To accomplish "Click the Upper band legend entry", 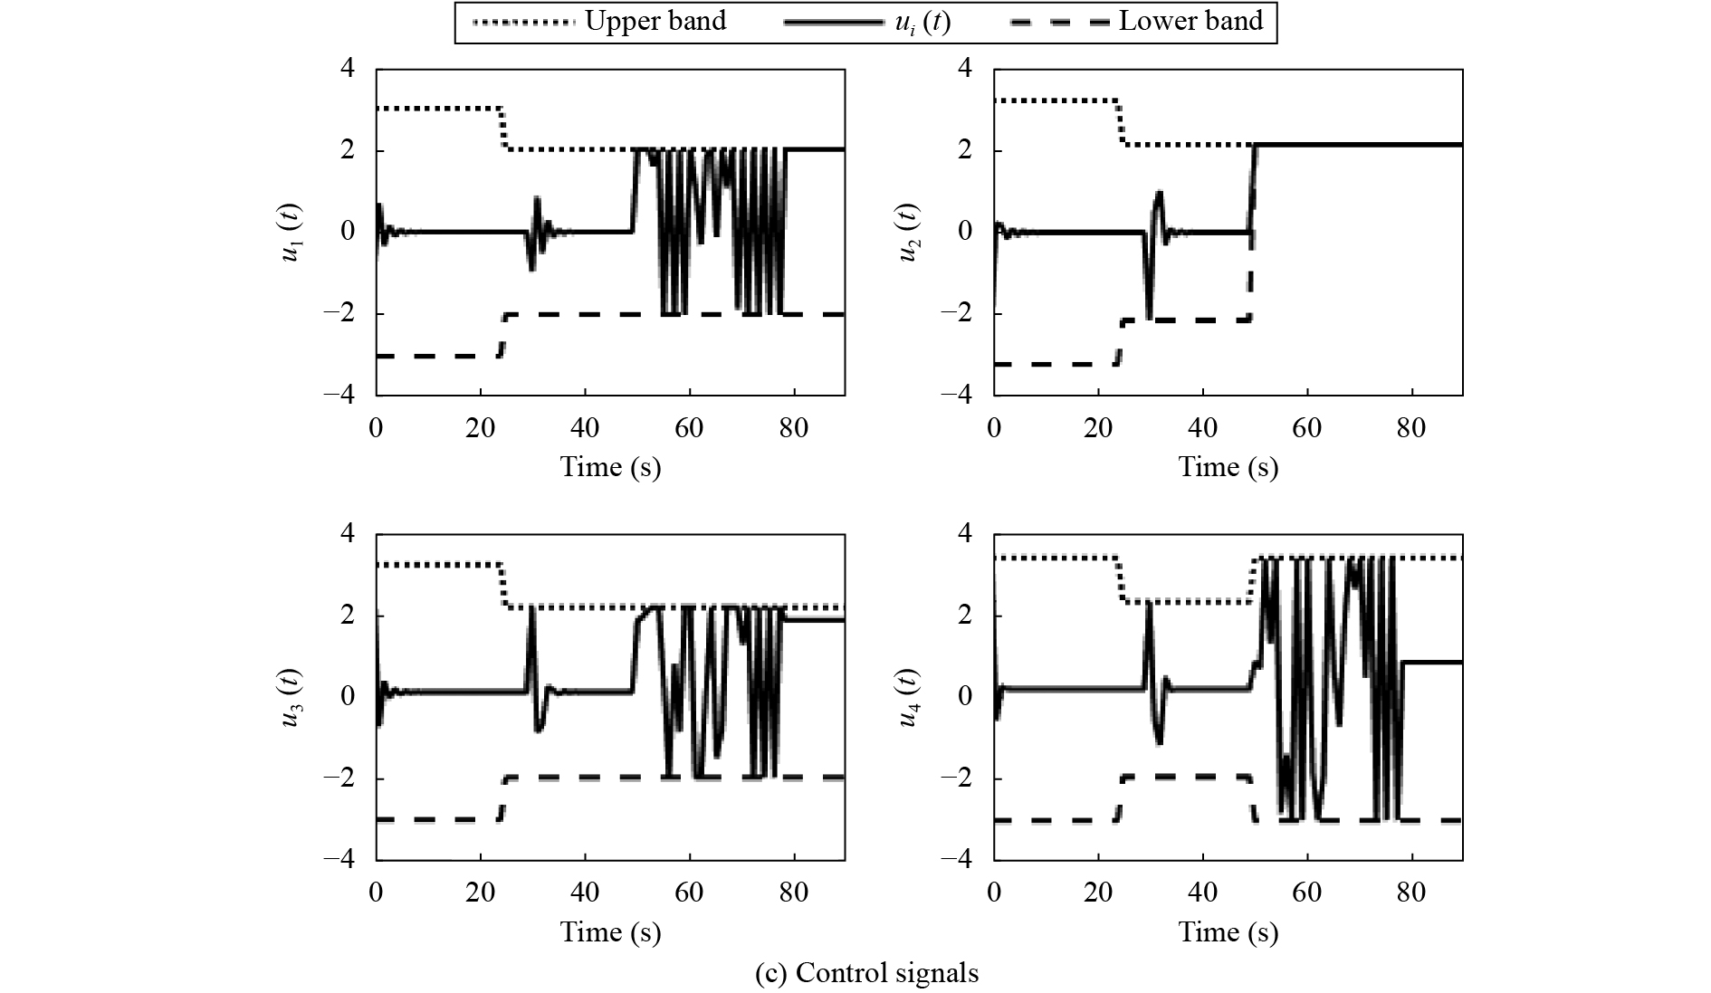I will (655, 21).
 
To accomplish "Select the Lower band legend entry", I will (1190, 21).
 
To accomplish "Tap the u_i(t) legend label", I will (916, 21).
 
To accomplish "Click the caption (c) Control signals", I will (866, 973).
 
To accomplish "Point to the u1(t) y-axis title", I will (291, 233).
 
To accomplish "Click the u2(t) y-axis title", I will (908, 233).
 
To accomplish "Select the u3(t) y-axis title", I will (291, 697).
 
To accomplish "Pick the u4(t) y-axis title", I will (908, 697).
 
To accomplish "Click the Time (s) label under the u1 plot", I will (610, 467).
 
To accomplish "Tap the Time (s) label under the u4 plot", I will (1228, 932).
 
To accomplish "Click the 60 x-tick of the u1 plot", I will (689, 427).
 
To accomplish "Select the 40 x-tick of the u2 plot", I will (1202, 427).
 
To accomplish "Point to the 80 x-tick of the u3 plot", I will (794, 893).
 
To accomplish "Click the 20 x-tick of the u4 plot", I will (1098, 893).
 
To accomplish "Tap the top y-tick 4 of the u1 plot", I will (347, 69).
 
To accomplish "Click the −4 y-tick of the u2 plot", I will (957, 395).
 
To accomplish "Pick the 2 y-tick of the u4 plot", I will (965, 616).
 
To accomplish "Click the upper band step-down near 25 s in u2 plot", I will (1122, 122).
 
